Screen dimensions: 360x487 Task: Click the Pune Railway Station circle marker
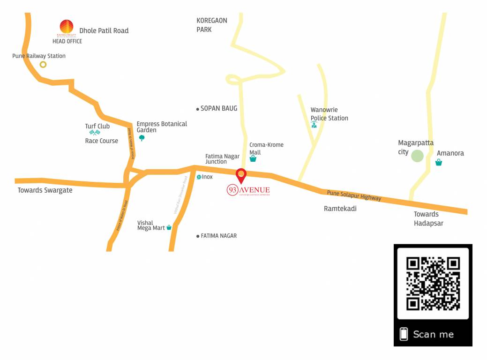click(x=43, y=65)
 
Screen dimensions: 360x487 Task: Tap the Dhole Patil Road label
click(x=104, y=31)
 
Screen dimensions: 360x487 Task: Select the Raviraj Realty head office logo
click(x=67, y=28)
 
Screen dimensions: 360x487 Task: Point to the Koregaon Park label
click(x=212, y=25)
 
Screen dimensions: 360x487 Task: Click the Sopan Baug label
click(x=218, y=108)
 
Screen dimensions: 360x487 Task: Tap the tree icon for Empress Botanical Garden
click(x=142, y=138)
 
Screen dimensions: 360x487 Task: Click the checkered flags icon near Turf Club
click(x=95, y=133)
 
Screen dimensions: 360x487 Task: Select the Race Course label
click(x=101, y=141)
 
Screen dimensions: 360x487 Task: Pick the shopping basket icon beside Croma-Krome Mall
click(x=253, y=159)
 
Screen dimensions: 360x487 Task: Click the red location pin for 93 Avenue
click(x=241, y=176)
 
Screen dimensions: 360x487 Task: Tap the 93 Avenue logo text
click(x=248, y=190)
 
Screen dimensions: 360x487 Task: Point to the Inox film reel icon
click(x=199, y=177)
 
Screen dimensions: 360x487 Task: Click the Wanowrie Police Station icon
click(x=314, y=125)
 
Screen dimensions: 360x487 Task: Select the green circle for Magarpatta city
click(x=417, y=156)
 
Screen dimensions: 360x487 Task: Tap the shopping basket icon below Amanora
click(x=439, y=163)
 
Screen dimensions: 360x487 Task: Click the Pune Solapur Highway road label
click(x=354, y=195)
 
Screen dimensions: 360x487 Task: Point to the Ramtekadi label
click(x=340, y=209)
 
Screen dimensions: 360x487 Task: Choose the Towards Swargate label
click(x=45, y=190)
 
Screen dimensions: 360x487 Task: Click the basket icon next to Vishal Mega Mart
click(x=169, y=228)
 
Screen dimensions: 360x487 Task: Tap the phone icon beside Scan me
click(x=404, y=334)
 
